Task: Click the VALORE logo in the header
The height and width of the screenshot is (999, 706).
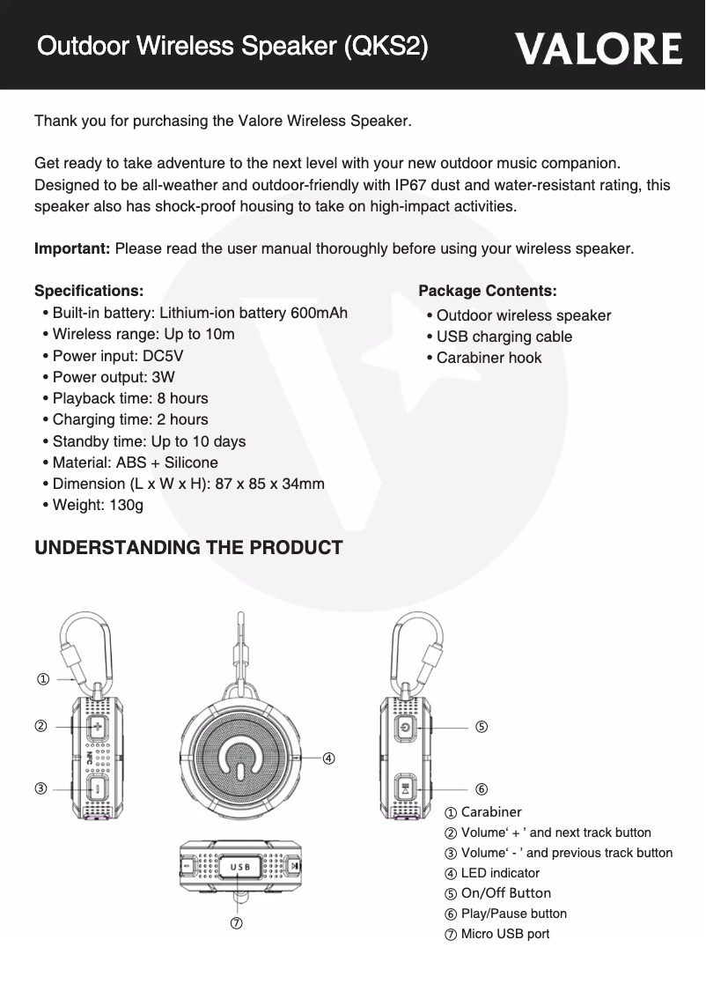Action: pyautogui.click(x=599, y=49)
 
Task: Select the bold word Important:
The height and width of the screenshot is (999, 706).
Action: pyautogui.click(x=72, y=248)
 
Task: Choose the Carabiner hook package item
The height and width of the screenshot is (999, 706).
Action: pyautogui.click(x=489, y=358)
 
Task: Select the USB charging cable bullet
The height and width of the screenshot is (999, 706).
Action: pyautogui.click(x=504, y=337)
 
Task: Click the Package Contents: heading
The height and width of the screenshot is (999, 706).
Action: pyautogui.click(x=487, y=291)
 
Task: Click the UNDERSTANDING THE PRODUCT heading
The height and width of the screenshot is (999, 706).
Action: pyautogui.click(x=188, y=548)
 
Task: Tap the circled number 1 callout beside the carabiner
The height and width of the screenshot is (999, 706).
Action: pyautogui.click(x=41, y=678)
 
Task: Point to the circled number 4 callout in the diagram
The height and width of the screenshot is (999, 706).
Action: pyautogui.click(x=327, y=758)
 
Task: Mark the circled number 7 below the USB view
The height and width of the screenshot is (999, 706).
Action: pyautogui.click(x=237, y=922)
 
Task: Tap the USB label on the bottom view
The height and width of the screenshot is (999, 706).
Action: pyautogui.click(x=239, y=866)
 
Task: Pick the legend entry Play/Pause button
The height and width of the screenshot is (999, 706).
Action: pyautogui.click(x=513, y=914)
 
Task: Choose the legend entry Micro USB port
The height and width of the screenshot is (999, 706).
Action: pyautogui.click(x=504, y=934)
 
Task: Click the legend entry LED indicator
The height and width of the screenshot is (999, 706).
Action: pyautogui.click(x=500, y=873)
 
